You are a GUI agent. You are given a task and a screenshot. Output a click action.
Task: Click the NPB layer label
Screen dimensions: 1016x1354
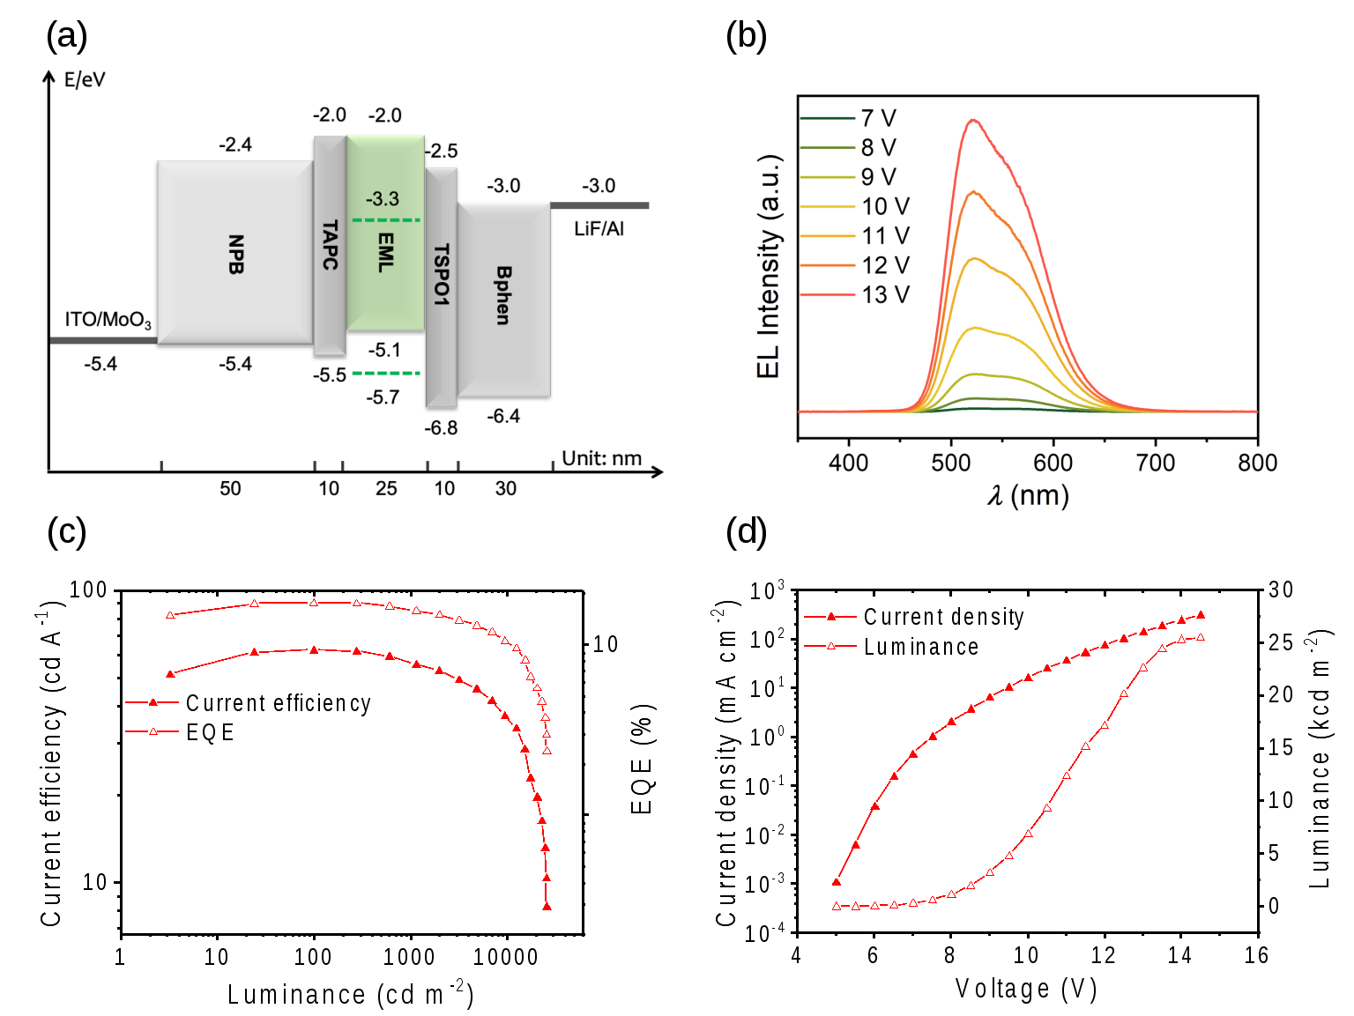(x=235, y=255)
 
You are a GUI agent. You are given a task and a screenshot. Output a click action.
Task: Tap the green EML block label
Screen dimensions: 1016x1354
(x=385, y=252)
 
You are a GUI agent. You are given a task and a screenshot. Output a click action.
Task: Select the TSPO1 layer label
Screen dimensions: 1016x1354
(x=442, y=275)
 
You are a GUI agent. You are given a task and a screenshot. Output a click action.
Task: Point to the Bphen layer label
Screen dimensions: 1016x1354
(x=503, y=296)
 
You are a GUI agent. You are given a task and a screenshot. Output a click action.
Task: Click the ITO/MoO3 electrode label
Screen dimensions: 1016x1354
(x=108, y=320)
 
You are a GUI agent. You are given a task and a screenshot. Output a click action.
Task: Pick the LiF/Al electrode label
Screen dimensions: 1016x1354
(x=599, y=229)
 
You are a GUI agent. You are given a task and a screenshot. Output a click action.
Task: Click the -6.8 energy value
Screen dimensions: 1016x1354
(x=441, y=428)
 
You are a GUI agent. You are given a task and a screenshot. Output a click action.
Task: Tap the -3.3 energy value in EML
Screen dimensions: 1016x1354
(x=383, y=199)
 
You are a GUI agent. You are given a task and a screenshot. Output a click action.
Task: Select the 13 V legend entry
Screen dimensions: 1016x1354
(x=885, y=295)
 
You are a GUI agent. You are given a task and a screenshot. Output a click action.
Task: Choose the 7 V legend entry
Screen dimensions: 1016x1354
(x=878, y=118)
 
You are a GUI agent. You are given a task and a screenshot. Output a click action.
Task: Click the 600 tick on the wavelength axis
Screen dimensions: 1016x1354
(x=1053, y=463)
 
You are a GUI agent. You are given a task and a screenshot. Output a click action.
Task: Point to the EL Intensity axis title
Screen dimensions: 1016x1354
(x=769, y=266)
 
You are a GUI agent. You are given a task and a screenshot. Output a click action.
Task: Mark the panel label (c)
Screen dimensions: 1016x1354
(x=67, y=531)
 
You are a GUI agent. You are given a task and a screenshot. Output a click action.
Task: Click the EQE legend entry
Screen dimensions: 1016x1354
(x=210, y=732)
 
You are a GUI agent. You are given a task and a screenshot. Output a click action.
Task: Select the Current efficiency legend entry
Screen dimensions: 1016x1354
(x=278, y=703)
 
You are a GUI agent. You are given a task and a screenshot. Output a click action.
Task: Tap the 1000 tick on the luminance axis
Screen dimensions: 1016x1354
(x=410, y=957)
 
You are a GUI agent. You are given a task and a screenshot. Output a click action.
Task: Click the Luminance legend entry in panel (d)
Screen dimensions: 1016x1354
(x=920, y=648)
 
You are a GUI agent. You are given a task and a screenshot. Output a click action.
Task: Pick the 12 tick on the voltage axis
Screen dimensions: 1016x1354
(x=1103, y=955)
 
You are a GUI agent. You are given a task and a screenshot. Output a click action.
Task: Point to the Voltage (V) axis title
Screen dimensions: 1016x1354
(x=1026, y=990)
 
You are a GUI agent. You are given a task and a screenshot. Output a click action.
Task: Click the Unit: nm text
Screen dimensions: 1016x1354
(x=602, y=458)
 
